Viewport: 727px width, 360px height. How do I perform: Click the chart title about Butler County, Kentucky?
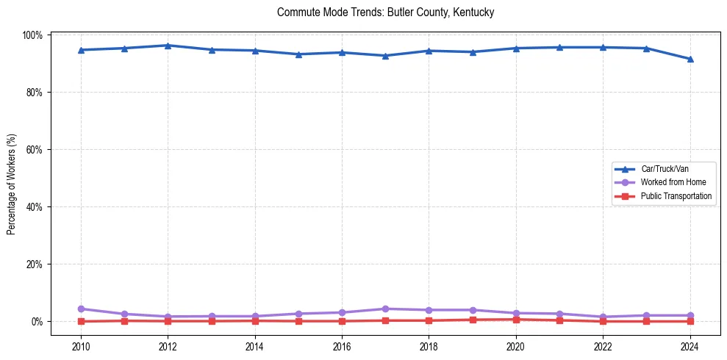[x=385, y=12]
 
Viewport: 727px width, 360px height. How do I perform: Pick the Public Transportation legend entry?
[x=676, y=196]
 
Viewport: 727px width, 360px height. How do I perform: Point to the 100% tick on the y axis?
[x=35, y=35]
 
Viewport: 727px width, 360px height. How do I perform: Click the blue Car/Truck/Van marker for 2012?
[x=168, y=46]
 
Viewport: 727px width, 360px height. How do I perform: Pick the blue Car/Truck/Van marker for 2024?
[x=690, y=59]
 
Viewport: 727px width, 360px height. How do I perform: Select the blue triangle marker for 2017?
[x=385, y=56]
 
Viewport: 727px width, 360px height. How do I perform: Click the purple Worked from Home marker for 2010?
[x=81, y=309]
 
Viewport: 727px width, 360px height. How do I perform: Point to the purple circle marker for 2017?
[x=385, y=309]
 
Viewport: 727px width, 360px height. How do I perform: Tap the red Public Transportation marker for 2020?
[x=516, y=320]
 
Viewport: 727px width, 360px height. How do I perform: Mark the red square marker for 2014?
[x=255, y=320]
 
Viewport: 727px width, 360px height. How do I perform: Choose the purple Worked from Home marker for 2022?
[x=603, y=317]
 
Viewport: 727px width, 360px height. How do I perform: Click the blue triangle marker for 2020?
[x=516, y=48]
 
